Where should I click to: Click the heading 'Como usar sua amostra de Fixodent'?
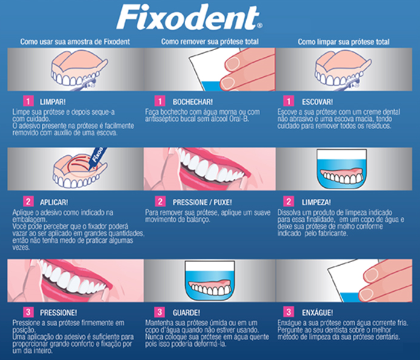pyautogui.click(x=75, y=42)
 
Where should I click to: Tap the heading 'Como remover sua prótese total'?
pyautogui.click(x=210, y=42)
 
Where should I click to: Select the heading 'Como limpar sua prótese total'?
pyautogui.click(x=343, y=42)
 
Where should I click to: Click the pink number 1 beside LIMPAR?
pyautogui.click(x=28, y=101)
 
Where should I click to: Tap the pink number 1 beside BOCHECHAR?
pyautogui.click(x=160, y=101)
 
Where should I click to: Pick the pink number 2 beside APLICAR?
pyautogui.click(x=28, y=201)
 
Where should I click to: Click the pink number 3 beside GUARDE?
pyautogui.click(x=160, y=312)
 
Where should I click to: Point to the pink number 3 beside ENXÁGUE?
pyautogui.click(x=288, y=312)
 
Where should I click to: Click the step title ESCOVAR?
pyautogui.click(x=317, y=102)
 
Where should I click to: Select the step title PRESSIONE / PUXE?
pyautogui.click(x=202, y=202)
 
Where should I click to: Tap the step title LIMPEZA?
pyautogui.click(x=316, y=202)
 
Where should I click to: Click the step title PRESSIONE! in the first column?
pyautogui.click(x=59, y=313)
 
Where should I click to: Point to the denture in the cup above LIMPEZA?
pyautogui.click(x=343, y=176)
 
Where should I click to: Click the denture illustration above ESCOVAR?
pyautogui.click(x=343, y=68)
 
